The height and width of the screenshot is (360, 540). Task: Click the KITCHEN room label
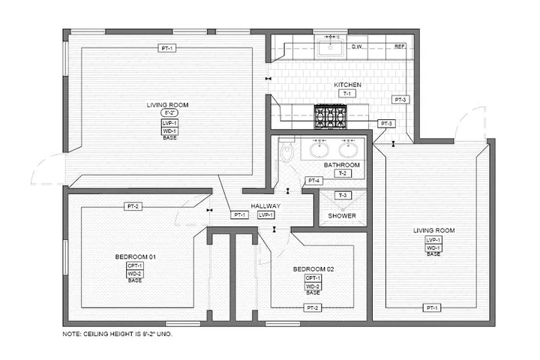click(x=347, y=85)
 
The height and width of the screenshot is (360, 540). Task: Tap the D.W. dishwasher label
click(x=357, y=46)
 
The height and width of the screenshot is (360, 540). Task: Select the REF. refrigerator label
click(x=400, y=46)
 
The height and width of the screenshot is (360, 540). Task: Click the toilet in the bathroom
click(x=286, y=153)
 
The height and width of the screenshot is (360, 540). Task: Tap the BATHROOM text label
click(x=341, y=165)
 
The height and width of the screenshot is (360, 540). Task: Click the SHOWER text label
click(x=342, y=216)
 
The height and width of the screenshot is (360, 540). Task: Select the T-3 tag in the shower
click(x=343, y=196)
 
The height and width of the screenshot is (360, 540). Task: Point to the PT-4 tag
click(x=313, y=181)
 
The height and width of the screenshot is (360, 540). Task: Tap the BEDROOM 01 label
click(x=135, y=257)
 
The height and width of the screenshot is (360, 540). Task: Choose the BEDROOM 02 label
click(x=313, y=269)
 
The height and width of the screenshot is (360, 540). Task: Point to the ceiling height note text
click(x=117, y=333)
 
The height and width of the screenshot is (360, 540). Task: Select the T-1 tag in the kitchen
click(x=347, y=93)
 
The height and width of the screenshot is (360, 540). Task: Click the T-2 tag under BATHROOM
click(x=342, y=173)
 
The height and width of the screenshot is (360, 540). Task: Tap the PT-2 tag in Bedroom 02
click(x=313, y=308)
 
